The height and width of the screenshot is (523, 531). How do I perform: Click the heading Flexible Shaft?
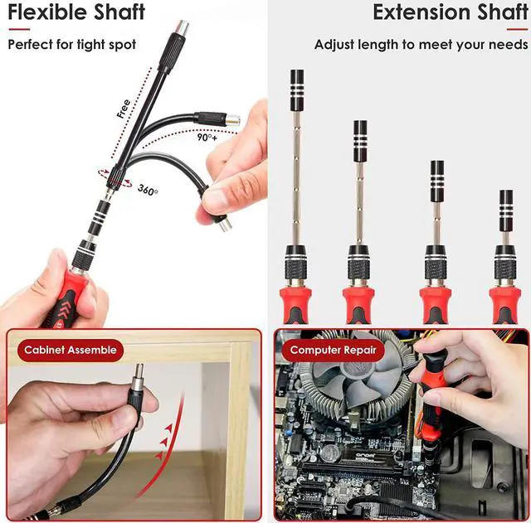point(76,13)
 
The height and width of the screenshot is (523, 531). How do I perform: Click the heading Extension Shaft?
point(450,13)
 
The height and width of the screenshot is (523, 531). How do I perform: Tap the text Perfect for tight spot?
point(71,45)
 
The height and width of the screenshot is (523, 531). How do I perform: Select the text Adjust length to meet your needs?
point(421,45)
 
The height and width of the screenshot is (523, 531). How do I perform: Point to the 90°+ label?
point(208,138)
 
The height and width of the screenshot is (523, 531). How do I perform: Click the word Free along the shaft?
point(124,109)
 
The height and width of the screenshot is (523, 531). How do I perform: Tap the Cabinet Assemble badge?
point(71,351)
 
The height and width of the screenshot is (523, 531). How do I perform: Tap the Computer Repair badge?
point(332,351)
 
